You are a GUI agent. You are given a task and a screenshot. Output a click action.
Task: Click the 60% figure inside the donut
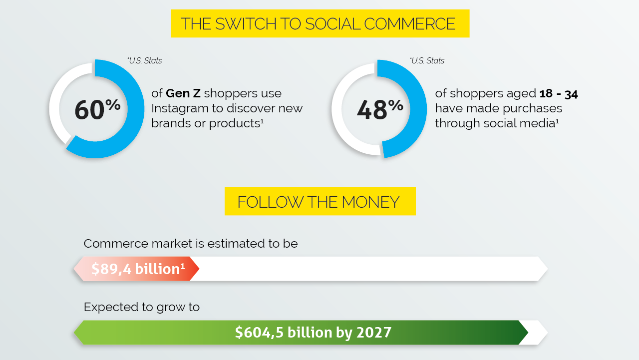(97, 109)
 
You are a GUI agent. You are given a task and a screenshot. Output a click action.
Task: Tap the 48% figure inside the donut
(380, 109)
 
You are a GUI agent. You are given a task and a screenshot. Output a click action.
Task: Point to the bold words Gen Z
(183, 93)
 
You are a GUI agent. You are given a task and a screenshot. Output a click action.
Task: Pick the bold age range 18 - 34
(558, 93)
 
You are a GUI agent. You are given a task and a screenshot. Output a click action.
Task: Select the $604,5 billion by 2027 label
(313, 333)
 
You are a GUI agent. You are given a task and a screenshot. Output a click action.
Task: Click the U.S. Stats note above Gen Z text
(145, 61)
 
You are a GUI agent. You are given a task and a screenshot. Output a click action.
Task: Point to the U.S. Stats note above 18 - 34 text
(427, 61)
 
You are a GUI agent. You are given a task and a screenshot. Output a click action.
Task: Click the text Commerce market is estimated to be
(191, 244)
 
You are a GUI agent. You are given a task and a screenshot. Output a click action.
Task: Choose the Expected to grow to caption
(142, 307)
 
